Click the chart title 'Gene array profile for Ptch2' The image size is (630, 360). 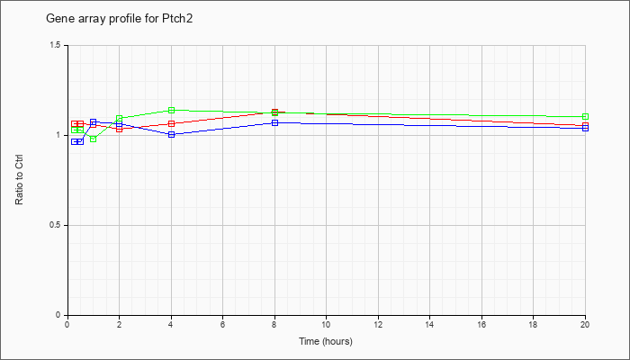(120, 19)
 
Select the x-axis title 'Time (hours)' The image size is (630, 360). (326, 341)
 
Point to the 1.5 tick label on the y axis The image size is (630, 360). (56, 45)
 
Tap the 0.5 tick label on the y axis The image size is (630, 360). (56, 225)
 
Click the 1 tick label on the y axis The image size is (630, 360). (59, 135)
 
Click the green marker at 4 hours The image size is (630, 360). (172, 110)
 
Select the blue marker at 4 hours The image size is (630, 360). (172, 135)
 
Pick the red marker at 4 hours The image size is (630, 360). (172, 124)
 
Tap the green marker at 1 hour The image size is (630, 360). (94, 139)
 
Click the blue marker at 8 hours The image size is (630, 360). (274, 122)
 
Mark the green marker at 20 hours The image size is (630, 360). (585, 116)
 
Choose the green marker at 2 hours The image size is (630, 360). (120, 118)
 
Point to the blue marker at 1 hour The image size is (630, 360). (94, 121)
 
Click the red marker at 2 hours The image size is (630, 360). (120, 129)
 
